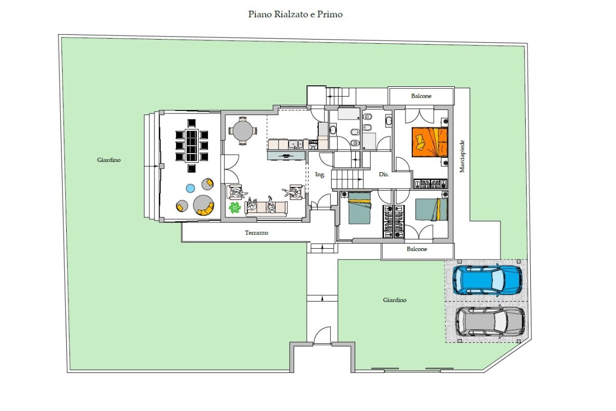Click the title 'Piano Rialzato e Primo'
[295, 14]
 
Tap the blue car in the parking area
[488, 279]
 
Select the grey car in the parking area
[490, 322]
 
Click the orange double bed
[430, 142]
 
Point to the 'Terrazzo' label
[256, 233]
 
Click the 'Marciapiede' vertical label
[462, 156]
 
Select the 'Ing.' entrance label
[320, 175]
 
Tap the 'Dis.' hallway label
[384, 174]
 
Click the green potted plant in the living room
[235, 208]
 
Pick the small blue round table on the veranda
[190, 189]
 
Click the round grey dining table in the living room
[242, 131]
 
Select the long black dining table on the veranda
[191, 145]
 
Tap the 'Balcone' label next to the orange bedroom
[421, 96]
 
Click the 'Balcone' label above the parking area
[417, 249]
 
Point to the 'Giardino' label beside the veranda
[109, 160]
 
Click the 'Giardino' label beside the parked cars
[395, 300]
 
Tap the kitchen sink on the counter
[295, 144]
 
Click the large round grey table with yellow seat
[203, 205]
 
